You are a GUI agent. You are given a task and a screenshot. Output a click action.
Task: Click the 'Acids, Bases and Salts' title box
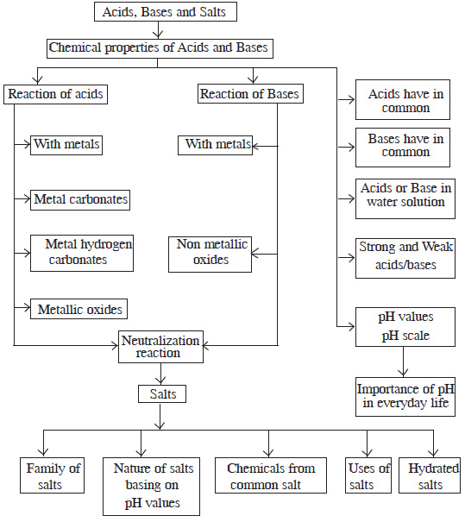pyautogui.click(x=164, y=12)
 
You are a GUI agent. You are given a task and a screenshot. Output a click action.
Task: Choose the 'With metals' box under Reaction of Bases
pyautogui.click(x=216, y=143)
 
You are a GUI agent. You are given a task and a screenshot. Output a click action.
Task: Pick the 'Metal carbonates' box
pyautogui.click(x=80, y=199)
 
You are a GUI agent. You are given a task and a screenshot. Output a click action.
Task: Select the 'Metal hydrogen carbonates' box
pyautogui.click(x=84, y=252)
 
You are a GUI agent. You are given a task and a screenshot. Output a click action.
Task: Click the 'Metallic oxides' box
pyautogui.click(x=80, y=308)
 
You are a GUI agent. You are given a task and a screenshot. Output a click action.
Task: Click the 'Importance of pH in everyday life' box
pyautogui.click(x=405, y=396)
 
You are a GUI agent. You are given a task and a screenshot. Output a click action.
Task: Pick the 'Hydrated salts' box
pyautogui.click(x=430, y=476)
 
